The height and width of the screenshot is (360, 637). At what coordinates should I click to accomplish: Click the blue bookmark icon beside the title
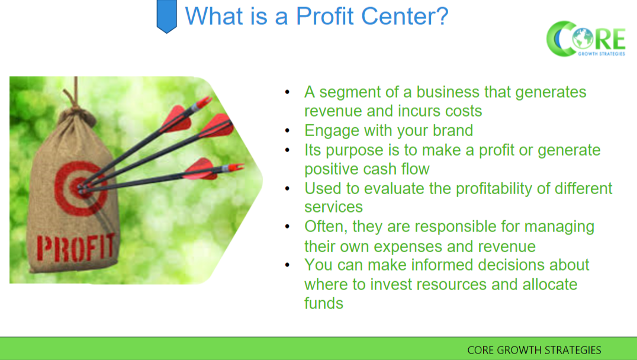coord(166,16)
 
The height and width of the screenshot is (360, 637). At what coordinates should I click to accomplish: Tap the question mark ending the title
coord(440,16)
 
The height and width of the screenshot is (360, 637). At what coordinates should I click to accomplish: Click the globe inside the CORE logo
coord(582,39)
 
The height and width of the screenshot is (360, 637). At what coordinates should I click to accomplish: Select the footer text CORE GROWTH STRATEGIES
coord(534,350)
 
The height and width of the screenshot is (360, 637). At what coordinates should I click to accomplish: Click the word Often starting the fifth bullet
coord(323,226)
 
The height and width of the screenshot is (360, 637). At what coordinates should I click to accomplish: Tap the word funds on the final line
coord(324,303)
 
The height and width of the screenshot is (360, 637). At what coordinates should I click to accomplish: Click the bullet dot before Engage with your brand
coord(288,131)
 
